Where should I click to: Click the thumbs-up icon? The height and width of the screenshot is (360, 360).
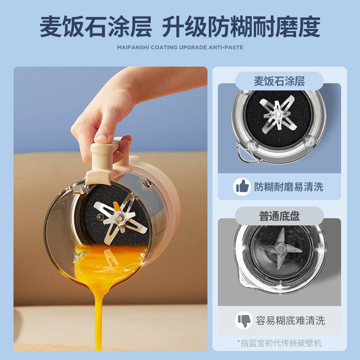tap(242, 186)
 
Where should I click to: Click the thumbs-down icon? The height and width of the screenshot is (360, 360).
tap(243, 320)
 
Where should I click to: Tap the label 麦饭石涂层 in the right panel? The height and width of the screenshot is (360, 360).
tap(279, 81)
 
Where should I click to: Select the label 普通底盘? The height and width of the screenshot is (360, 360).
tap(279, 216)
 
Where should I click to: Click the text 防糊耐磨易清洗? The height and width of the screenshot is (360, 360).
tap(289, 186)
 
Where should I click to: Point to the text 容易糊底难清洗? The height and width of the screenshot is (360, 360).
tap(290, 320)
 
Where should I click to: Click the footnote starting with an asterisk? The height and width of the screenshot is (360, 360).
tap(279, 343)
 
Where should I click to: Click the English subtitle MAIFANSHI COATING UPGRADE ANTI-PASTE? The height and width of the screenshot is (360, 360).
tap(180, 47)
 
